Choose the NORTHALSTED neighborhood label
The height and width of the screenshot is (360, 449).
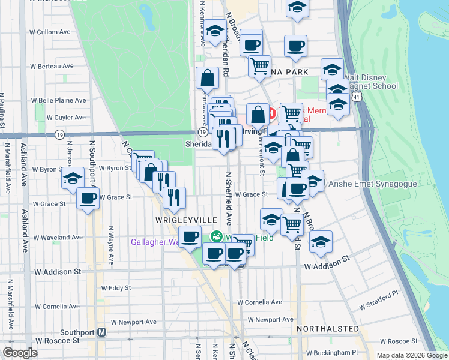[x=328, y=329]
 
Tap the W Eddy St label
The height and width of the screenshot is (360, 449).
[x=116, y=288]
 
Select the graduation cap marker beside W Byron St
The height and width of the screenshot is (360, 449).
[x=73, y=178]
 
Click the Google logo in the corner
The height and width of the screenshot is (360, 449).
[x=20, y=352]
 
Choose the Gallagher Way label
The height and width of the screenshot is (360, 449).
[x=155, y=242]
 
